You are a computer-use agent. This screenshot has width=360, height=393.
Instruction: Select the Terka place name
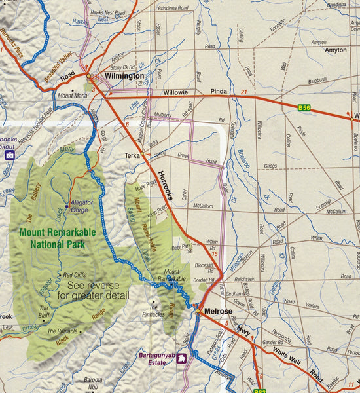click(132, 156)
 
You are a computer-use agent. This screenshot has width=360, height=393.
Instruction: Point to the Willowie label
click(175, 92)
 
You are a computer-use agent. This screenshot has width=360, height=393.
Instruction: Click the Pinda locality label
click(218, 92)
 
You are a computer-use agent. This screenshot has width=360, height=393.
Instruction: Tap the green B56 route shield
click(304, 107)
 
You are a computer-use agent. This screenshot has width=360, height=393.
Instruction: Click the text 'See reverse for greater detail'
click(98, 291)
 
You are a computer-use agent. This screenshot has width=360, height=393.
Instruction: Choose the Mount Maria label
click(72, 96)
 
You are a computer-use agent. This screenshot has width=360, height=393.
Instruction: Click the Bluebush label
click(316, 79)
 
